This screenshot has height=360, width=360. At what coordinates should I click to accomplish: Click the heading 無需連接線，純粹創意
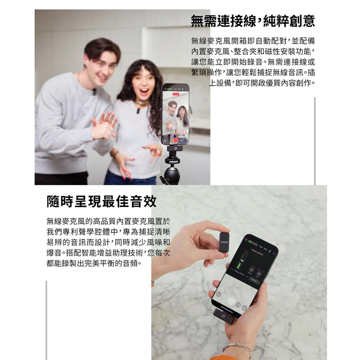coord(253,21)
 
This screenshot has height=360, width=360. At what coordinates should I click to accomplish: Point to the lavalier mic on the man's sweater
coord(94,91)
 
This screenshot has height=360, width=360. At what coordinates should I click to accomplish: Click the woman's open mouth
coord(144,91)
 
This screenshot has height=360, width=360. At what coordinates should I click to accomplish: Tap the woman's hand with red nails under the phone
coord(154,150)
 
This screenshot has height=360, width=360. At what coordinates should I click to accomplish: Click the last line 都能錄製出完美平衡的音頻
coord(92,263)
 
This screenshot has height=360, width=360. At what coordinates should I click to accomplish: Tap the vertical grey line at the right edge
coord(315,140)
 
